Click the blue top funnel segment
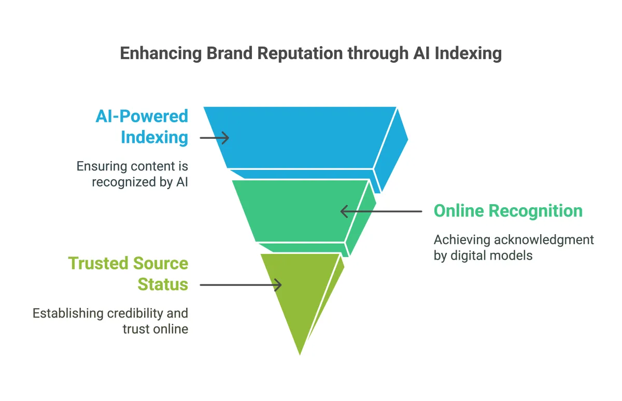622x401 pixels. click(x=301, y=137)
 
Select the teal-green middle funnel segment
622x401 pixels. click(x=301, y=210)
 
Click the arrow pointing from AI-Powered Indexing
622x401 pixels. click(x=214, y=138)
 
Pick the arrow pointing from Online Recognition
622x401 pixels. click(x=381, y=211)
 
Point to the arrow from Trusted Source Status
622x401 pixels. click(x=241, y=285)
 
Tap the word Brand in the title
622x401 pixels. click(x=211, y=54)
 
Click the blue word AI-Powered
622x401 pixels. click(x=142, y=116)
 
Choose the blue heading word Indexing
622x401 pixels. click(x=154, y=138)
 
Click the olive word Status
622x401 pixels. click(x=162, y=285)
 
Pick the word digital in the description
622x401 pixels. click(x=469, y=255)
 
